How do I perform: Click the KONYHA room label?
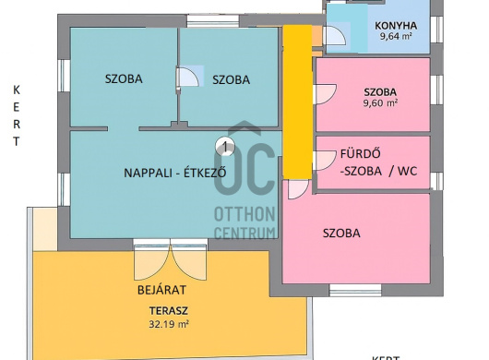pos(396,26)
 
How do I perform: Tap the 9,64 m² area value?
pos(396,36)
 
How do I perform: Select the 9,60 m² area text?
pos(380,103)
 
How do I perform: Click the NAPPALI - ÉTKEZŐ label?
pos(175,173)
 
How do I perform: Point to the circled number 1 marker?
pos(225,146)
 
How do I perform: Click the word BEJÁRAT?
pos(161,290)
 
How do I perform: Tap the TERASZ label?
pos(169,311)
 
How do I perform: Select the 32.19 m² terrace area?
pos(169,324)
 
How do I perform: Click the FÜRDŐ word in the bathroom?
pos(360,154)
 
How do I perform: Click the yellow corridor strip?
pos(297,102)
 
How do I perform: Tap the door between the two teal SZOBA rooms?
pos(187,76)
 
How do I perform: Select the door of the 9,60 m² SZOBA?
pos(326,94)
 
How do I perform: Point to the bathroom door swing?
pos(325,161)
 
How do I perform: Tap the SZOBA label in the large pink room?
pos(341,234)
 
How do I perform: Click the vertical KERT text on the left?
pos(17,116)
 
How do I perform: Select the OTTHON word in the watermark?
pos(244,213)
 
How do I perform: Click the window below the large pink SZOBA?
pos(355,291)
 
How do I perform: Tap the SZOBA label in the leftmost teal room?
pos(124,78)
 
